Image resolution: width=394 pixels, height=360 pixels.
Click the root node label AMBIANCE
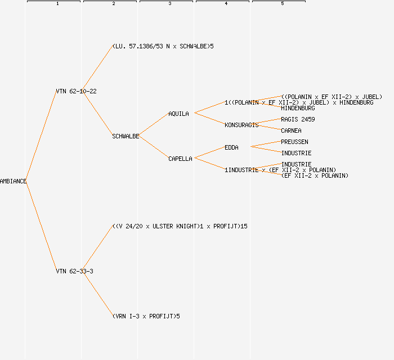click(13, 181)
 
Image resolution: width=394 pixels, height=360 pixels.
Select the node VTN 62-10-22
click(76, 91)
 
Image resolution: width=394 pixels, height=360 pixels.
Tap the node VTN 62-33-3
click(74, 271)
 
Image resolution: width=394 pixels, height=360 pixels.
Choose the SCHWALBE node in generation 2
click(126, 136)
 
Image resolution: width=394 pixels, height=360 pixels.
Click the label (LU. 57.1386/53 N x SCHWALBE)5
click(163, 46)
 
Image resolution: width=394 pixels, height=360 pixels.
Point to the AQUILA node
click(178, 114)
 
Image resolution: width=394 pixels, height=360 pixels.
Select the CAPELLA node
click(180, 159)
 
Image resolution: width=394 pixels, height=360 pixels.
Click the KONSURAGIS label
click(241, 125)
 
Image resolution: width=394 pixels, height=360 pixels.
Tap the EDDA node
click(231, 147)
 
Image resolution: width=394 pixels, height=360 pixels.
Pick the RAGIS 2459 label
click(298, 119)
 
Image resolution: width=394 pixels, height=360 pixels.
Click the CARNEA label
click(291, 130)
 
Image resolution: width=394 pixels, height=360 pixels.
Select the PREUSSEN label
click(294, 142)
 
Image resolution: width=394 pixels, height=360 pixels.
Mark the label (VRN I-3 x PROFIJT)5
click(146, 316)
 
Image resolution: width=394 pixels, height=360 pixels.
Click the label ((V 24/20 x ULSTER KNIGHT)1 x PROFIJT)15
click(180, 226)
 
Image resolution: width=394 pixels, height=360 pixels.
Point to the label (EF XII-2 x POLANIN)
click(315, 175)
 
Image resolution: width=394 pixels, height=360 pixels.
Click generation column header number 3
click(169, 4)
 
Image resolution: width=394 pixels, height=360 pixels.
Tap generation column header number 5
click(282, 4)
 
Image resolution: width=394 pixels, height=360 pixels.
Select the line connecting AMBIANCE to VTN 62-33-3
click(41, 226)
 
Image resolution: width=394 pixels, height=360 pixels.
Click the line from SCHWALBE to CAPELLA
click(154, 147)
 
